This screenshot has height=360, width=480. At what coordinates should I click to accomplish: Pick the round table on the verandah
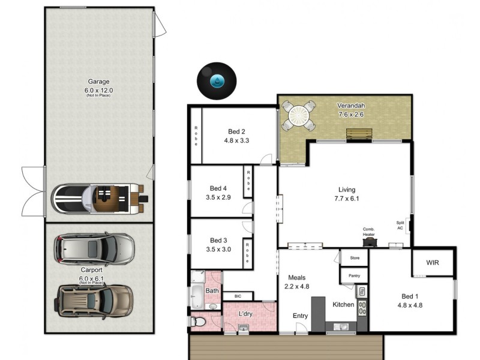pyautogui.click(x=298, y=115)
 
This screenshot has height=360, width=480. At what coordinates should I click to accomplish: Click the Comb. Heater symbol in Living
pyautogui.click(x=369, y=241)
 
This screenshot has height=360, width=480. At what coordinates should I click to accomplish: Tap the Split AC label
pyautogui.click(x=400, y=225)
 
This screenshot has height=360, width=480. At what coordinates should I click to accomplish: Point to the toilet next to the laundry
pyautogui.click(x=197, y=322)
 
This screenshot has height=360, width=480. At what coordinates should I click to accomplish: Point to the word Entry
pyautogui.click(x=301, y=316)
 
